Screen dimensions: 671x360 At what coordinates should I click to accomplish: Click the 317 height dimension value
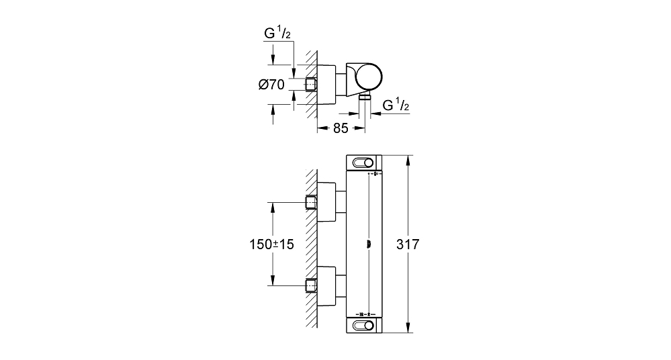(408, 244)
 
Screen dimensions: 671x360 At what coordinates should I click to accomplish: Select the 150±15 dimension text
(272, 244)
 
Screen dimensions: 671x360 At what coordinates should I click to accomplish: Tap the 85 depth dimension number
(341, 128)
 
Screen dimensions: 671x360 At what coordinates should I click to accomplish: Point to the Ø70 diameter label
(271, 85)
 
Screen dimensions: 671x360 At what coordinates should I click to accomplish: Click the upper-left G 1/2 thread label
(277, 33)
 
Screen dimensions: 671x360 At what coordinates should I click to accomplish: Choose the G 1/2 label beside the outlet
(396, 104)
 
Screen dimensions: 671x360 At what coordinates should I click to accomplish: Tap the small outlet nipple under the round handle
(364, 97)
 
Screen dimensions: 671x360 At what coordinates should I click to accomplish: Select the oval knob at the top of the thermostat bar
(363, 163)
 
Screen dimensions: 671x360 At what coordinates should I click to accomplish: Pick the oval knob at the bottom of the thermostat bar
(363, 325)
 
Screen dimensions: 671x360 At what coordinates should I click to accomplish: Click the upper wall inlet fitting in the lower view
(311, 202)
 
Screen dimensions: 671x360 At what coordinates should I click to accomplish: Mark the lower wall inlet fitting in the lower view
(311, 285)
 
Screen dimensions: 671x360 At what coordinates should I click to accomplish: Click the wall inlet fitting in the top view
(311, 85)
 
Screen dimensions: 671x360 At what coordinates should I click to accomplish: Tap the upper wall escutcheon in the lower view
(327, 202)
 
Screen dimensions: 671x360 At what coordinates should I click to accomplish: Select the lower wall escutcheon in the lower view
(327, 285)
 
